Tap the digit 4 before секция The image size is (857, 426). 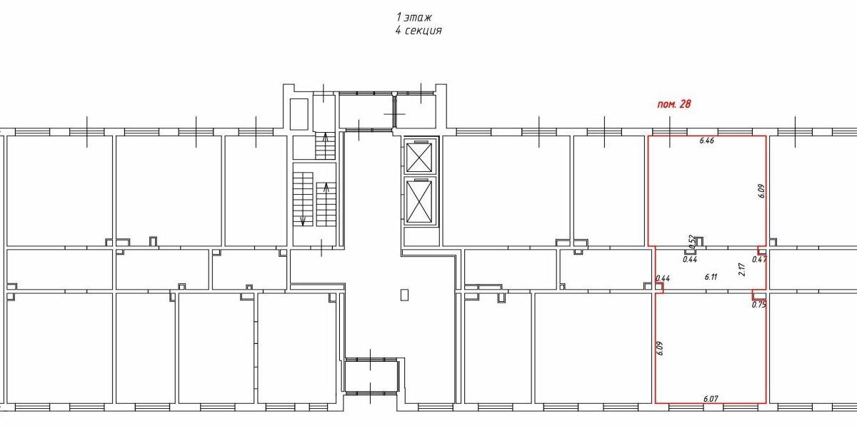coord(399,30)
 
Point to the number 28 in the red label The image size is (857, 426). coord(684,104)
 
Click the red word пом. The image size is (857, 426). coord(666,104)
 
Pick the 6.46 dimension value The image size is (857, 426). coord(706,141)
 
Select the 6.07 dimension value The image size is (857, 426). coord(711,399)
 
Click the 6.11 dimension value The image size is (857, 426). coord(711,277)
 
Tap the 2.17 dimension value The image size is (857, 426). coord(742,270)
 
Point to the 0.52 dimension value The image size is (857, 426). coord(691,242)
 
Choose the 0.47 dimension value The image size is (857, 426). coord(759,260)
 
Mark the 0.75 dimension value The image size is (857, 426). coord(758,305)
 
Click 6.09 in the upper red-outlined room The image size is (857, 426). coord(761,191)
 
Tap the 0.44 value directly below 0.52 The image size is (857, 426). coord(690,259)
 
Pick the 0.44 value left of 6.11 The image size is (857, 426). coord(663,278)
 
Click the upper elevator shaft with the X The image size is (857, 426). coord(419,157)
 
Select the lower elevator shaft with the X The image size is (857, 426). coord(419,201)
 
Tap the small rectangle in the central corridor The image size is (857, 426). coord(404,295)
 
